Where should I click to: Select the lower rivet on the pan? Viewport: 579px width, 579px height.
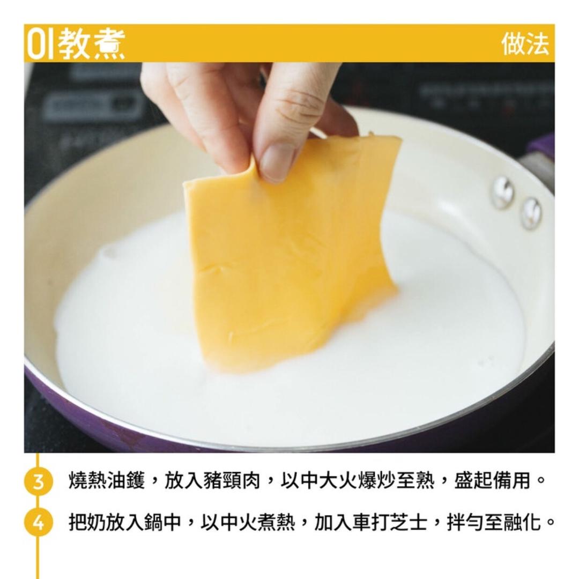point(531,212)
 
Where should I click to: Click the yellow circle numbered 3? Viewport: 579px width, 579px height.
point(39,480)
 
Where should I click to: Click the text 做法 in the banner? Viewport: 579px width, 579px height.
point(525,43)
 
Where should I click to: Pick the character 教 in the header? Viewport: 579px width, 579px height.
point(74,43)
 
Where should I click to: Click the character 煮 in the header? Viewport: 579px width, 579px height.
point(108,43)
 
